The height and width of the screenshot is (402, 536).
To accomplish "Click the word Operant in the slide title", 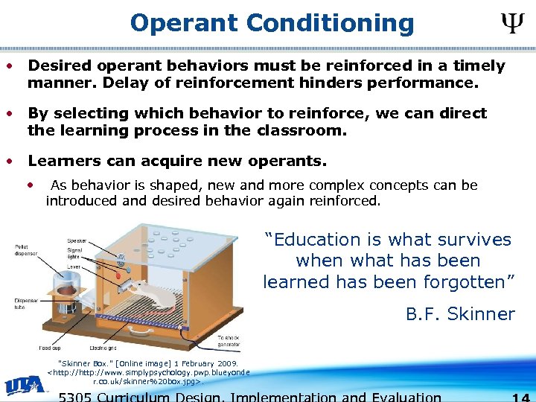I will point(185,24).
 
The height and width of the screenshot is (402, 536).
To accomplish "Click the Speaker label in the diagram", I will point(77,240).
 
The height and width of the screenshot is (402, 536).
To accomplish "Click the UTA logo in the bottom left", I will point(25,386).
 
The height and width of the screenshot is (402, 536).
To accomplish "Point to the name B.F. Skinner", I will point(459,314).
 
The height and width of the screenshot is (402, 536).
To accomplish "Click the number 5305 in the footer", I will point(80,396).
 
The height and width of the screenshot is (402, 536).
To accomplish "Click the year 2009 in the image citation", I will point(224,363).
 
